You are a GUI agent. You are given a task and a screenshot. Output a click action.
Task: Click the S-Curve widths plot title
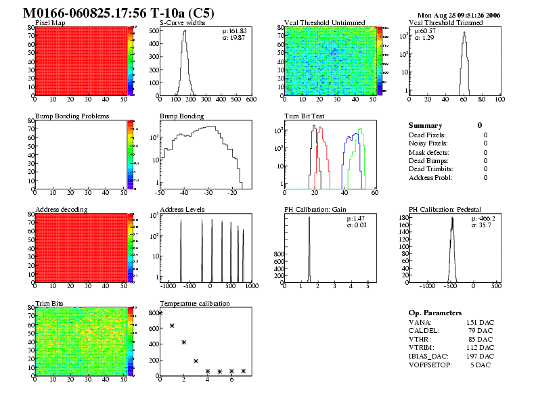[x=183, y=22]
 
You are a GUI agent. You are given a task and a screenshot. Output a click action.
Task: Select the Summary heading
[x=425, y=125]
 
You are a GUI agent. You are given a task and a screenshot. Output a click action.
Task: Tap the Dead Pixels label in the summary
[x=427, y=135]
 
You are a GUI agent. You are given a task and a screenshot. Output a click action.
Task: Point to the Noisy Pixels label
[x=428, y=143]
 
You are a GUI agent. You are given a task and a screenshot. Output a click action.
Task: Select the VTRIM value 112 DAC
[x=480, y=348]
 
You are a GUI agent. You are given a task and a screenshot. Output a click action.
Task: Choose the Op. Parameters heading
[x=435, y=313]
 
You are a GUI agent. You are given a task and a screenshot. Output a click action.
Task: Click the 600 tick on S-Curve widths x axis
[x=251, y=99]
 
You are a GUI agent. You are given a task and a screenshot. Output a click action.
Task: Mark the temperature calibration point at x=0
[x=160, y=313]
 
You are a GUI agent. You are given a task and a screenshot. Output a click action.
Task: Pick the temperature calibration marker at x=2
[x=184, y=342]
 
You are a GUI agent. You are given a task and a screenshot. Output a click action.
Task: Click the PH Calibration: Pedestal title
[x=450, y=209]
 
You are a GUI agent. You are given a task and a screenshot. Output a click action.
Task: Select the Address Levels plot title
[x=182, y=209]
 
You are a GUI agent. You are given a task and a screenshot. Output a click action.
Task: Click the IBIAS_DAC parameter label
[x=430, y=356]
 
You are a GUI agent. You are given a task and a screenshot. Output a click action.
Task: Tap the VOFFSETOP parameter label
[x=433, y=365]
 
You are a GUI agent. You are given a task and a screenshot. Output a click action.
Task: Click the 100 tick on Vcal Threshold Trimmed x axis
[x=499, y=99]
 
